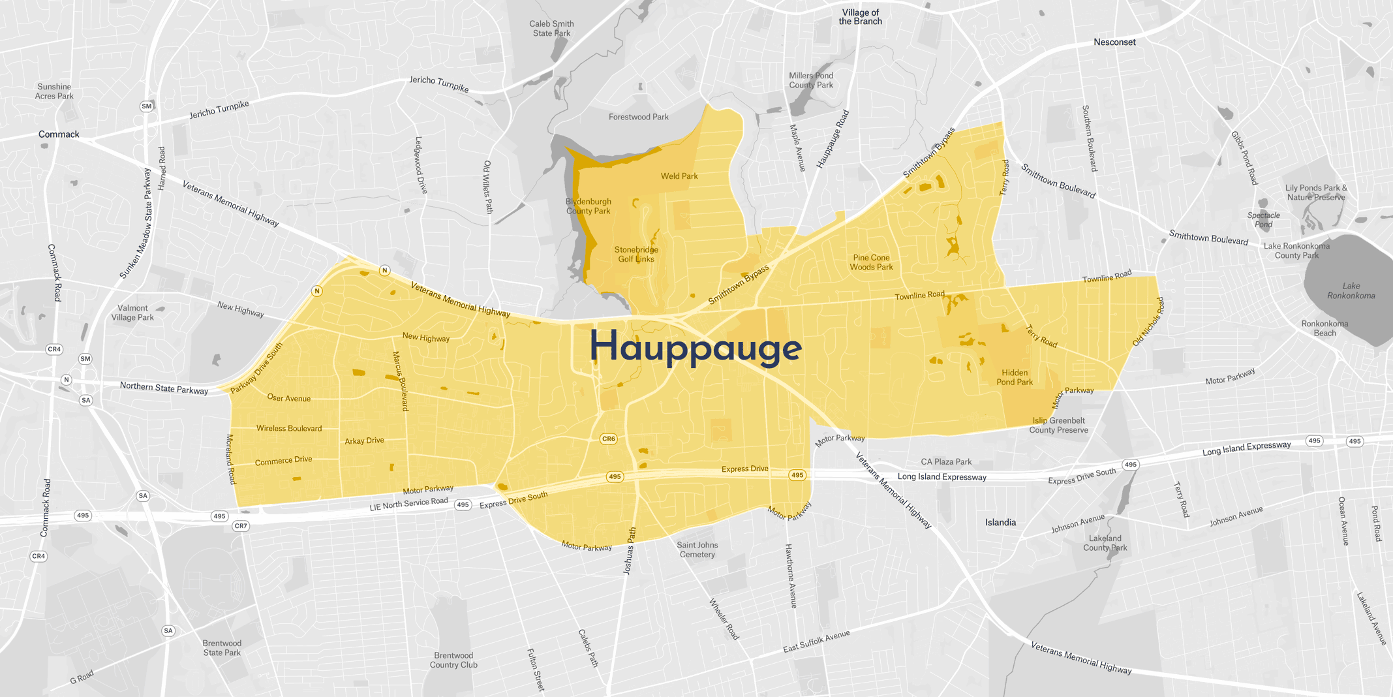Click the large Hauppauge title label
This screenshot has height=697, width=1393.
(696, 347)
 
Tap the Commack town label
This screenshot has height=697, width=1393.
(59, 134)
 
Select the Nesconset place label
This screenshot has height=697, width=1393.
(1114, 42)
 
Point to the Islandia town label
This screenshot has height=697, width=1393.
(1000, 522)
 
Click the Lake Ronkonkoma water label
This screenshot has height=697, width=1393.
(1351, 290)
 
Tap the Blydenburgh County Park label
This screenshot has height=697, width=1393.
(588, 206)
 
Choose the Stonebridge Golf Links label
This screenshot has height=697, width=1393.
(636, 255)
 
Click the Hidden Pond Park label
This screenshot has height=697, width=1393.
(1015, 377)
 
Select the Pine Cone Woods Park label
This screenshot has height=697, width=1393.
(871, 262)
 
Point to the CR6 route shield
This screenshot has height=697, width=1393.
(608, 439)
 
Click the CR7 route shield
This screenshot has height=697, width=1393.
(241, 526)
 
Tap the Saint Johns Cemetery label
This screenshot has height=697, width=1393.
(697, 550)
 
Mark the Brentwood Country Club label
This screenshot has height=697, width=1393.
(453, 660)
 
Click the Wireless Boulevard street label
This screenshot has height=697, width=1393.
(289, 429)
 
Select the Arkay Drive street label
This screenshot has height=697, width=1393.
(364, 441)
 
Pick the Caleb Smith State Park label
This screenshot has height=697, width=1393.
(551, 29)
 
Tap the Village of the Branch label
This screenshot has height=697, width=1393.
(860, 17)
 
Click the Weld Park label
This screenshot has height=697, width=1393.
(679, 176)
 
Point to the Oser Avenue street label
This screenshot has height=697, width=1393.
(289, 398)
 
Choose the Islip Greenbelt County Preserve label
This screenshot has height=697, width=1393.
(1058, 425)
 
